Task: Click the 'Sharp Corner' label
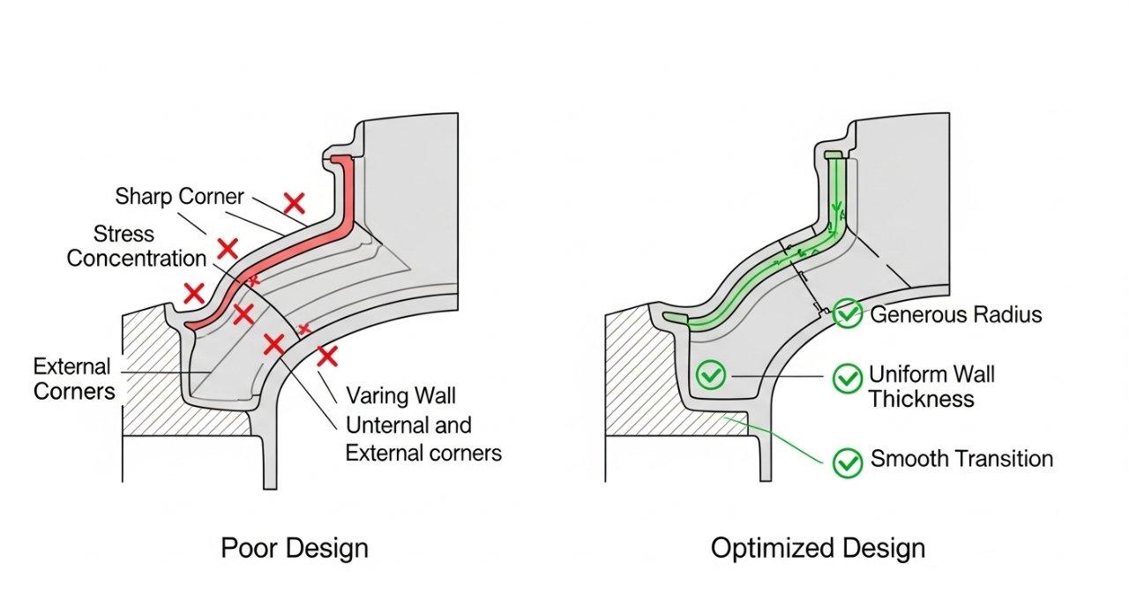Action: click(179, 196)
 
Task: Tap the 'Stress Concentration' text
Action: click(136, 246)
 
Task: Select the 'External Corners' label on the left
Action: click(74, 379)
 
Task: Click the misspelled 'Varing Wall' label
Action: click(400, 394)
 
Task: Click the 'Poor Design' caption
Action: click(294, 548)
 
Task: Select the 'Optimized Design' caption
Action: click(818, 548)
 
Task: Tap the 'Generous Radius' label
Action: click(955, 315)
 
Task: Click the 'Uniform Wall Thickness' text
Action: click(931, 387)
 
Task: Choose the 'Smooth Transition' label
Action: click(961, 459)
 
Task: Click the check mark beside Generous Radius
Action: click(848, 314)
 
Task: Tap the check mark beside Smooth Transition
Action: click(848, 462)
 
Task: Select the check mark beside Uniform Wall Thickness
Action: click(848, 379)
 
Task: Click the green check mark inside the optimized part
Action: click(709, 375)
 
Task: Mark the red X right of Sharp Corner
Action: click(294, 204)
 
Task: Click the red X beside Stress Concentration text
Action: click(228, 249)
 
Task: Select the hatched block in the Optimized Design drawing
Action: click(644, 379)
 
